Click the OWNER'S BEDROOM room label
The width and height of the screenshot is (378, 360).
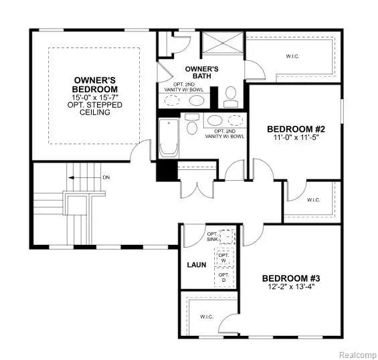point(96,84)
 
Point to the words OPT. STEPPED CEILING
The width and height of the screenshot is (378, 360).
point(96,108)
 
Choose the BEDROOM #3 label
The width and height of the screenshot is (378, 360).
point(290,278)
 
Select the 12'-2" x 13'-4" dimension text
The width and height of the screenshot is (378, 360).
point(290,288)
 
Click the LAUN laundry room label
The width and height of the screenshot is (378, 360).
point(197,265)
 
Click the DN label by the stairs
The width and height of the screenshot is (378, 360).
point(106,177)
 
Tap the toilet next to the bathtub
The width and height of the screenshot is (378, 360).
point(191,126)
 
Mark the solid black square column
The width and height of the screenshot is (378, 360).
point(165,171)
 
